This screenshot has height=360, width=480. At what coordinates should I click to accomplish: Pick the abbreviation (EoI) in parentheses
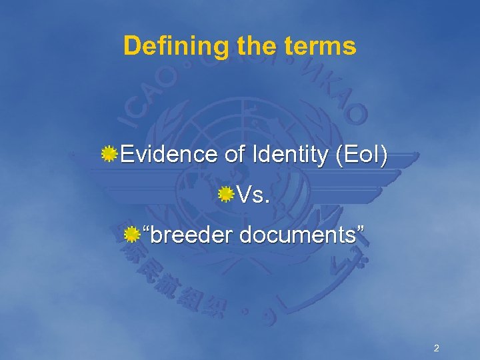[x=361, y=155]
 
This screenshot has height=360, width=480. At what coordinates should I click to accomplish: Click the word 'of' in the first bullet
[x=234, y=155]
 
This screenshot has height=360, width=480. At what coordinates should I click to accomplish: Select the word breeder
[x=193, y=235]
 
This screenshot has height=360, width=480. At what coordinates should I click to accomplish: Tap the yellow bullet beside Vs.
[x=227, y=195]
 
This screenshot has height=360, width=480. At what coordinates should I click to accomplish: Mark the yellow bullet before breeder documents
[x=133, y=235]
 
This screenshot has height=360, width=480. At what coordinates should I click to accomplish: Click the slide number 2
[x=436, y=348]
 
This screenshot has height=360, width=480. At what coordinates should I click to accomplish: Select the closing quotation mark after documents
[x=361, y=230]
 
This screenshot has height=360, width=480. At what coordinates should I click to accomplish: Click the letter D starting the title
[x=131, y=47]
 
